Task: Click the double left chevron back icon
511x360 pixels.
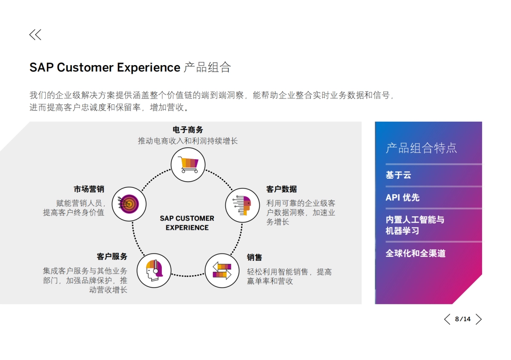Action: tap(35, 34)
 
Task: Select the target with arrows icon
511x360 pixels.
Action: tap(129, 204)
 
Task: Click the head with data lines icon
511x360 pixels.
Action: tap(242, 205)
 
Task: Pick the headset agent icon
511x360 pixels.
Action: tap(154, 271)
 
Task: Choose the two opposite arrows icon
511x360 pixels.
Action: tap(222, 271)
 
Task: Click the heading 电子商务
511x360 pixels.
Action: tap(188, 130)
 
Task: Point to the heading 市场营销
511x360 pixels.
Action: tap(89, 189)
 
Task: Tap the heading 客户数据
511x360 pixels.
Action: tap(281, 189)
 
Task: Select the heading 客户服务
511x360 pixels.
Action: tap(112, 257)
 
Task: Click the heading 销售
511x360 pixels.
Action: tap(254, 257)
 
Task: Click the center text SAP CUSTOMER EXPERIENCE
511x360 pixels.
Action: tap(187, 223)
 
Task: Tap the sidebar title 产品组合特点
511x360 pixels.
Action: tap(421, 148)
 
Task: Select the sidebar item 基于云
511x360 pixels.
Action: tap(398, 175)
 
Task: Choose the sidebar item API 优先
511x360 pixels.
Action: tap(403, 197)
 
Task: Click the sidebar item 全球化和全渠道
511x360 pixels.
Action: tap(416, 253)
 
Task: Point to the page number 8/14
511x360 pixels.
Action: tap(463, 319)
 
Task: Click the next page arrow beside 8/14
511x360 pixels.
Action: tap(479, 319)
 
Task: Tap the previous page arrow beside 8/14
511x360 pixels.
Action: tap(447, 319)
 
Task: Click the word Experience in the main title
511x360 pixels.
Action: tap(149, 68)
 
